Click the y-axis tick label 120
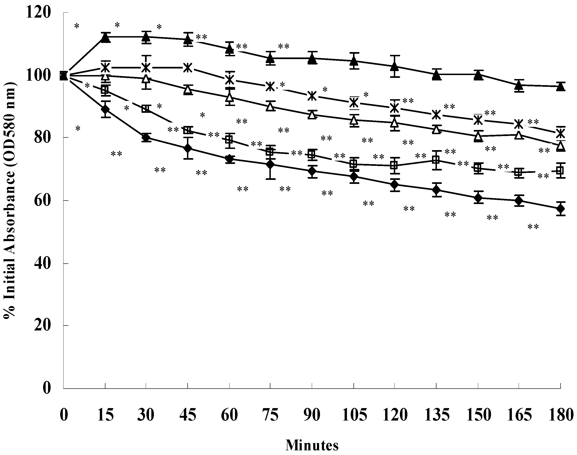coord(38,13)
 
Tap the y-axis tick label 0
coord(46,388)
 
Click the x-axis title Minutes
coord(312,445)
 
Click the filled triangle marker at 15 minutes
coord(106,38)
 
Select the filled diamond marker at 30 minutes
coord(146,138)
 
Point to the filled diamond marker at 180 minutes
coord(561,209)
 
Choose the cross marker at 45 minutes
coord(188,68)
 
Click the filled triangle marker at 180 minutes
coord(561,87)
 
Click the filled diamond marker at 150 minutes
coord(478,198)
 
